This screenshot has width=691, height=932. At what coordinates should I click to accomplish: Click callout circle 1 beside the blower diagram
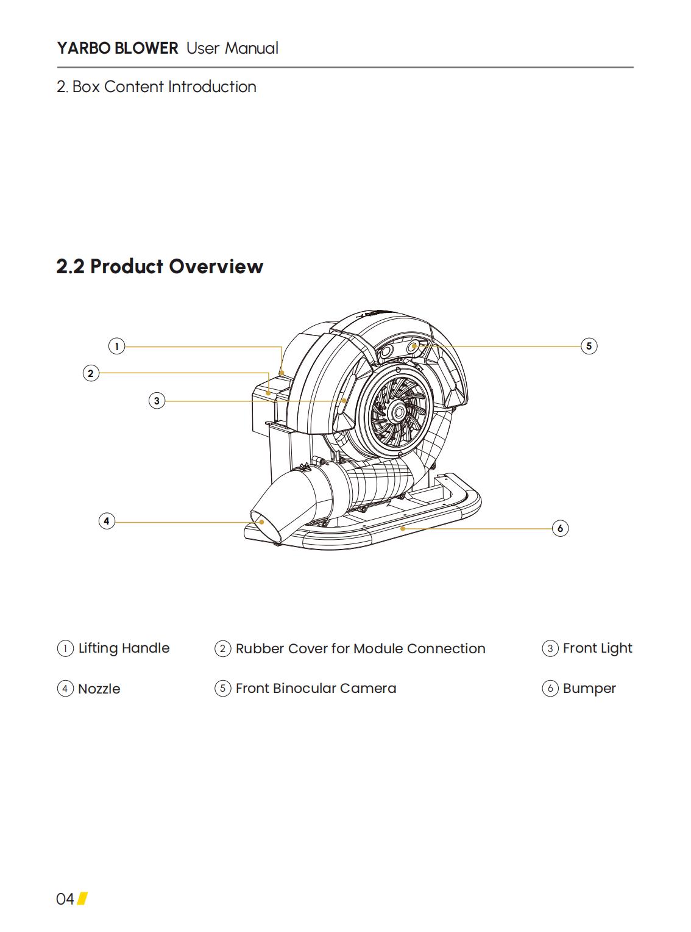[117, 346]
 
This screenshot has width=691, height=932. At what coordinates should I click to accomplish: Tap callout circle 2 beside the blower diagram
[91, 373]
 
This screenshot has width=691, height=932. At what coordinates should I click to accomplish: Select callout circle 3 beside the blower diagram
[157, 401]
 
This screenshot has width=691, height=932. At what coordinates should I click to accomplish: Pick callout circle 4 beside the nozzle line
[107, 521]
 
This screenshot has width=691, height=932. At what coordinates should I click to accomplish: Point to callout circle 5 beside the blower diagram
[589, 346]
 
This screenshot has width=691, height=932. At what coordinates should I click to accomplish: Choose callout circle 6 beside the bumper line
[560, 528]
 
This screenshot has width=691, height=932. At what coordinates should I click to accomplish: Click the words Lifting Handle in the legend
[124, 648]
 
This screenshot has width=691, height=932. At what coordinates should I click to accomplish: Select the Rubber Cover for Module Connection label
[360, 648]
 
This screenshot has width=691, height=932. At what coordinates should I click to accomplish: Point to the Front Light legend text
[597, 648]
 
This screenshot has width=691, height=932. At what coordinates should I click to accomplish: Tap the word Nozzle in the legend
[99, 689]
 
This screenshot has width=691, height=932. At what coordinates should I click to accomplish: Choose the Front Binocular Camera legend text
[316, 688]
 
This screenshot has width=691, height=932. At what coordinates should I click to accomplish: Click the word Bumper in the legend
[589, 689]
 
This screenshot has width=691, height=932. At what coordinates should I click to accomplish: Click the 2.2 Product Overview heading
[160, 267]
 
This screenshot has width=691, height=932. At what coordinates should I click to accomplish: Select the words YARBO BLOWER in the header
[118, 48]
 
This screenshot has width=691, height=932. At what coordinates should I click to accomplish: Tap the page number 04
[65, 899]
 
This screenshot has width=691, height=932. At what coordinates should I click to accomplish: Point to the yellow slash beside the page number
[83, 898]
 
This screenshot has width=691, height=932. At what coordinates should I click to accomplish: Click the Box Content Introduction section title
[156, 87]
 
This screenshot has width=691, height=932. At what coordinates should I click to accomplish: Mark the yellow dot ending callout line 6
[403, 528]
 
